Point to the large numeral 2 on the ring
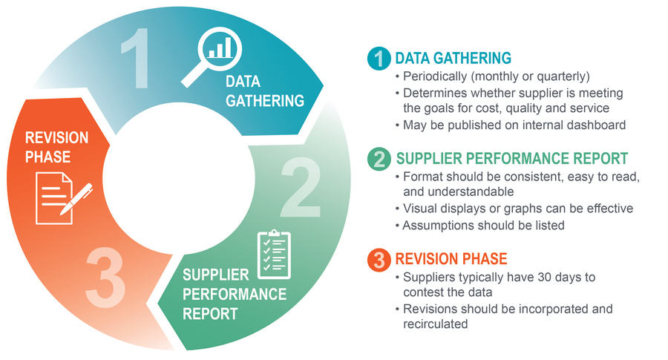[x=302, y=191]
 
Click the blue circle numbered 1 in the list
[x=379, y=58]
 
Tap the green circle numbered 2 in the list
[x=379, y=158]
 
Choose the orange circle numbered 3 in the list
[x=379, y=259]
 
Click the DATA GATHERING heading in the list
[x=453, y=58]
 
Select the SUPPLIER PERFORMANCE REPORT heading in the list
[x=512, y=158]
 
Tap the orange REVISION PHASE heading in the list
[x=451, y=259]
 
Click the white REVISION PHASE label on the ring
[x=57, y=147]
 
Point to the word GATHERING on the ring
[x=265, y=100]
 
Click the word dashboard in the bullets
[x=597, y=125]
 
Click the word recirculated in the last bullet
[x=436, y=324]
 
